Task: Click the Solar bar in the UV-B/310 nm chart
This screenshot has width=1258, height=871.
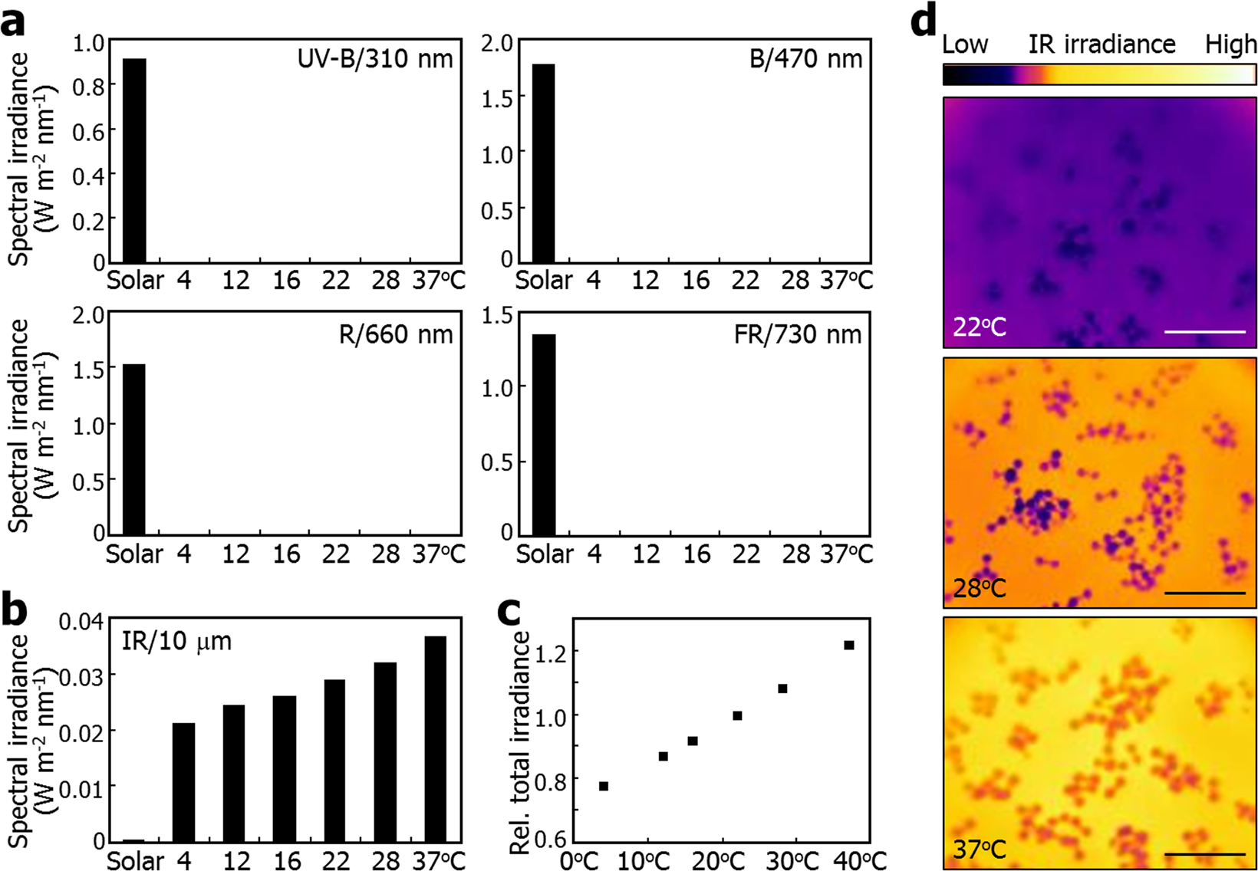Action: (134, 161)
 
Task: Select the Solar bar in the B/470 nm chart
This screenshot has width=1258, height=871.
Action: (543, 163)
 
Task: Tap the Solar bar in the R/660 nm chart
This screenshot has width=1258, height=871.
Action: (134, 449)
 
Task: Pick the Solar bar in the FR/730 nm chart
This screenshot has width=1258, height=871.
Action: (544, 435)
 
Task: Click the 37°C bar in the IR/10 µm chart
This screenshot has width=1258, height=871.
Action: (435, 739)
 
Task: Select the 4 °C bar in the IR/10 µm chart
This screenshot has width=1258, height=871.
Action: (183, 782)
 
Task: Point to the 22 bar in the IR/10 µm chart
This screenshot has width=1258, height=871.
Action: (334, 761)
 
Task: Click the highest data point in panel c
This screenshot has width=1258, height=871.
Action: (849, 645)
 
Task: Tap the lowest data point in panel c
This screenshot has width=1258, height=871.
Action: (604, 786)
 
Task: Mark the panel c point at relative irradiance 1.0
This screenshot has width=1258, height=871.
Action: (737, 715)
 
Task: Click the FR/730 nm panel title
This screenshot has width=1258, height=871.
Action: (797, 334)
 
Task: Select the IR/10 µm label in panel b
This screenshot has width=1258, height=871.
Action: (176, 641)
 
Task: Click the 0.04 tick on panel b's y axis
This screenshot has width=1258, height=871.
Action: (81, 620)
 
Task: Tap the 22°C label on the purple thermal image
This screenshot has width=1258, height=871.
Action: (980, 327)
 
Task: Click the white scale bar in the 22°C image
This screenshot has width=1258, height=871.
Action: (1204, 332)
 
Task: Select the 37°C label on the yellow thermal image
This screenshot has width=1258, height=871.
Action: (980, 849)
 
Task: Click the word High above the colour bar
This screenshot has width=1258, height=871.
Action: (1230, 44)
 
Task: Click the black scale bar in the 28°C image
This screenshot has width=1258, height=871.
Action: (1204, 593)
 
